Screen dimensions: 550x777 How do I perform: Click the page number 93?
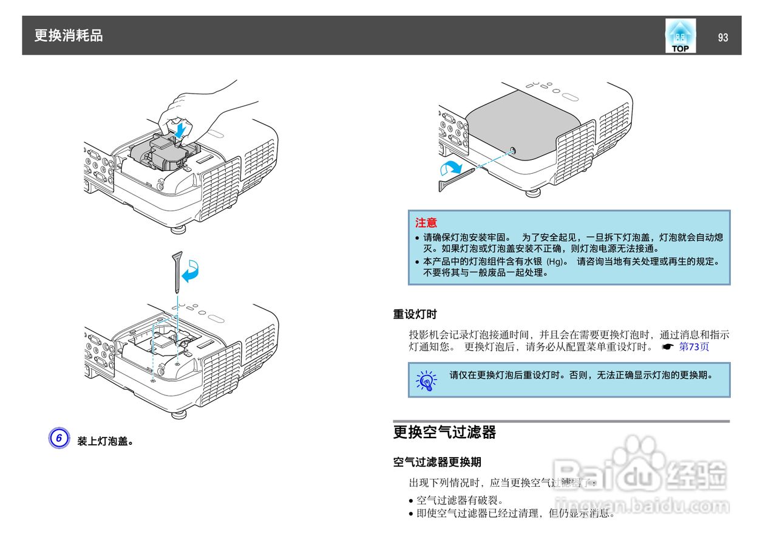click(722, 38)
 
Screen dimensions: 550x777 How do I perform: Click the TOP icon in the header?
click(680, 36)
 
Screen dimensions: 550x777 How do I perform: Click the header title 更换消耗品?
click(69, 36)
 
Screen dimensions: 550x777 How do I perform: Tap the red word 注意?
click(426, 223)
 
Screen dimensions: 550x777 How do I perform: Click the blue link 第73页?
click(693, 347)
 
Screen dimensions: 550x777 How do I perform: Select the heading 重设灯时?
click(415, 314)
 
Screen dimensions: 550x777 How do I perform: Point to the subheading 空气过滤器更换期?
click(437, 462)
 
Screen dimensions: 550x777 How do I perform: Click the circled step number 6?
click(59, 438)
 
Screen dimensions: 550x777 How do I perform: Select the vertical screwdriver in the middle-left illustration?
click(177, 273)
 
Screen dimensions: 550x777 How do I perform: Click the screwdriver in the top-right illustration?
click(456, 180)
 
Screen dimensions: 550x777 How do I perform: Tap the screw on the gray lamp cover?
click(512, 151)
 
